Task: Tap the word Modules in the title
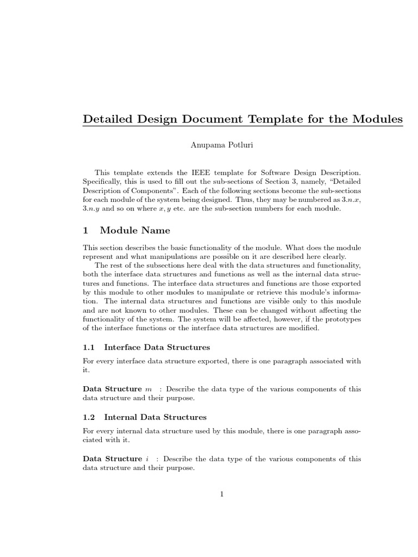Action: (375, 119)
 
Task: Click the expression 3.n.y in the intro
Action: (90, 209)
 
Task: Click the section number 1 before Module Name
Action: (85, 231)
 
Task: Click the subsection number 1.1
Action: (89, 347)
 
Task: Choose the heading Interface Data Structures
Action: (157, 347)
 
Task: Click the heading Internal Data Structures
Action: (155, 417)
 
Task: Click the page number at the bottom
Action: (222, 494)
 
